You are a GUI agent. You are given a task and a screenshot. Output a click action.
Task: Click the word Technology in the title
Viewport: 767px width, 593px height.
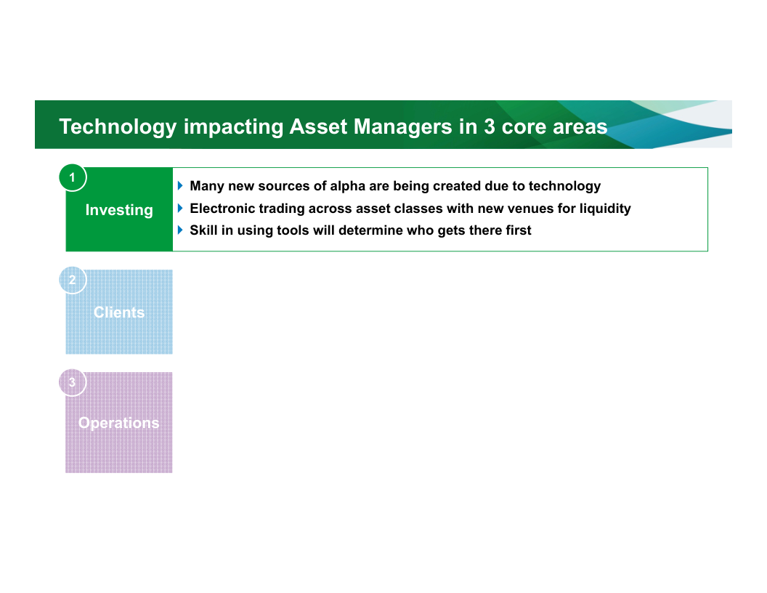pos(118,127)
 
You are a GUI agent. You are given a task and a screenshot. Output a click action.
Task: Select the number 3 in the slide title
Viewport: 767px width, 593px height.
pos(490,126)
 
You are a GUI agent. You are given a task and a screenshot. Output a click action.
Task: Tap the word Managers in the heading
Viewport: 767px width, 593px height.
pos(402,127)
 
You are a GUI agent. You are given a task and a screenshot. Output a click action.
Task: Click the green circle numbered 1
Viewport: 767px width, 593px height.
pos(73,177)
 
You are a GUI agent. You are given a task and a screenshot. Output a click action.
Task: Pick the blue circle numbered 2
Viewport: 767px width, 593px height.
pos(73,280)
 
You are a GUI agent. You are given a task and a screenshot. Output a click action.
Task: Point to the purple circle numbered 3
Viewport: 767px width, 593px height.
pos(73,382)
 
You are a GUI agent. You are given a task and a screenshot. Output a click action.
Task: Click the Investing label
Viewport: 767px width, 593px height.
pos(119,211)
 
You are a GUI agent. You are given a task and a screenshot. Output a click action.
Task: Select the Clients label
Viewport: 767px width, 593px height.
pos(119,312)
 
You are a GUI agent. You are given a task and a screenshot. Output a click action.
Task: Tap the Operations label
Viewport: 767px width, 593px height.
pos(119,423)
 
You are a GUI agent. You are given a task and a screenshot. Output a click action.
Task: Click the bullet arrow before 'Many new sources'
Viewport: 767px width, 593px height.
pos(180,185)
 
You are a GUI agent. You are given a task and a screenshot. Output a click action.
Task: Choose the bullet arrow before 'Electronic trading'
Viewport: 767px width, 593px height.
pos(180,208)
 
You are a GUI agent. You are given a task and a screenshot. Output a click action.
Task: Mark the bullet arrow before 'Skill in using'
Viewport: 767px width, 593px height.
pos(180,230)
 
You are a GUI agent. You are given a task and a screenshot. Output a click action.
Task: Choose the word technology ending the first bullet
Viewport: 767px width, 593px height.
pos(564,187)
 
